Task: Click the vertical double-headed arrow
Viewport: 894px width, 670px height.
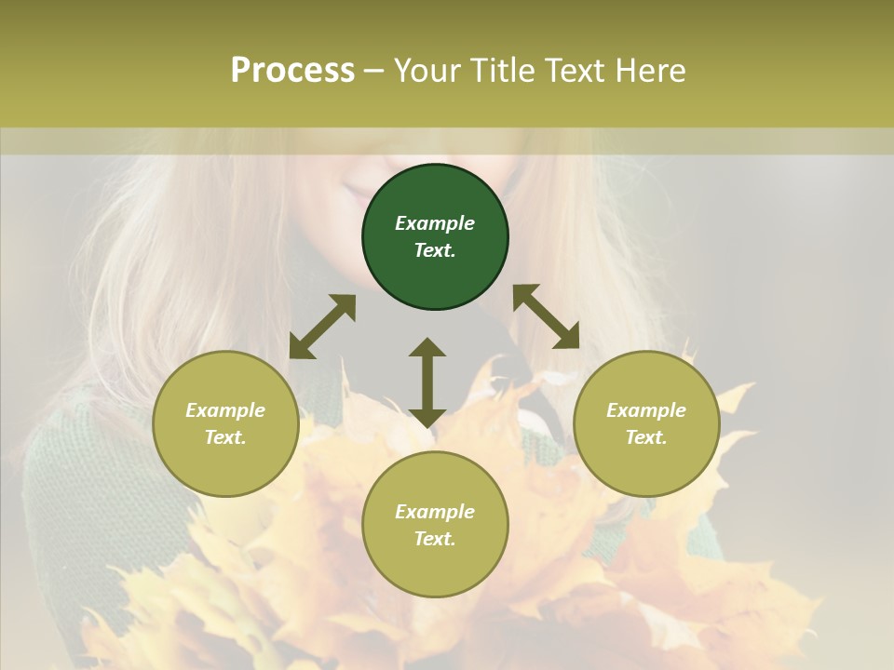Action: [427, 382]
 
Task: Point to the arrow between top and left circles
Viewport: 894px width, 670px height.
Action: [322, 327]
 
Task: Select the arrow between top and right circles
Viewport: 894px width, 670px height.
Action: [546, 316]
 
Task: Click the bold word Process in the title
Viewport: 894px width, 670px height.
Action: [292, 70]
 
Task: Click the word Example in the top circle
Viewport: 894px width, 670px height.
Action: [435, 223]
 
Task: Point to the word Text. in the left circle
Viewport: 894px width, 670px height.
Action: [225, 437]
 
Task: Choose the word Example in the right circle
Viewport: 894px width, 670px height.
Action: [646, 410]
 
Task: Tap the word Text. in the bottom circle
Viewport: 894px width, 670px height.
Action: [435, 539]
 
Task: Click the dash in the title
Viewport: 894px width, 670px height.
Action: [374, 71]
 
